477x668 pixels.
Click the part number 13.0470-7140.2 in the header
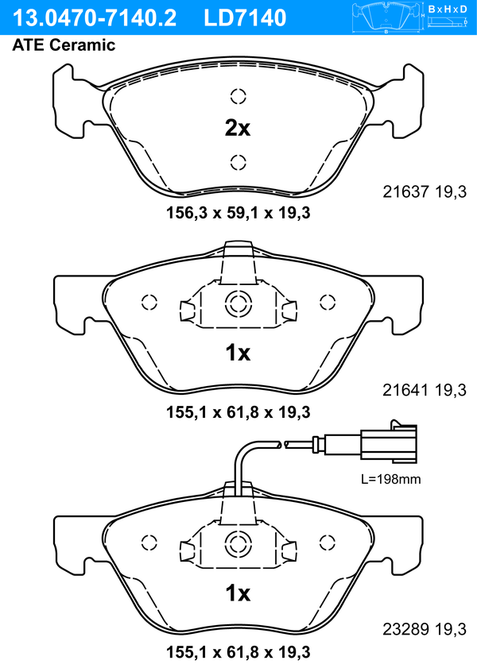tap(95, 18)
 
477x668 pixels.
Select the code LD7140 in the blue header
tap(245, 18)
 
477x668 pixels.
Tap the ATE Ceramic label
tap(64, 45)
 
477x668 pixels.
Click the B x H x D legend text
tap(448, 9)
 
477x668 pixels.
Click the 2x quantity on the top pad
tap(238, 128)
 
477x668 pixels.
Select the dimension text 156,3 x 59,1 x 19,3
tap(238, 213)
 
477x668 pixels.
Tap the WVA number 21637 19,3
tap(425, 191)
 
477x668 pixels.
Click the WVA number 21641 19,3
tap(425, 390)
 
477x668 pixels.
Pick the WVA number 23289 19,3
tap(425, 629)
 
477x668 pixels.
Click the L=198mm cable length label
tap(391, 479)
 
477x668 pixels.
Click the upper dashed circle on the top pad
tap(238, 96)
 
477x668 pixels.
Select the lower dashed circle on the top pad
tap(238, 162)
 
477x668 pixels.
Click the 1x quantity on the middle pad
tap(238, 353)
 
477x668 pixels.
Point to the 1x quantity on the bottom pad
tap(238, 593)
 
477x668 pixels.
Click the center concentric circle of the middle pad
tap(238, 303)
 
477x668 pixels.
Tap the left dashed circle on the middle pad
tap(149, 303)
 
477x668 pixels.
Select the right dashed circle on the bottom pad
tap(328, 543)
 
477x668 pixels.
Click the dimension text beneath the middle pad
tap(238, 412)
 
